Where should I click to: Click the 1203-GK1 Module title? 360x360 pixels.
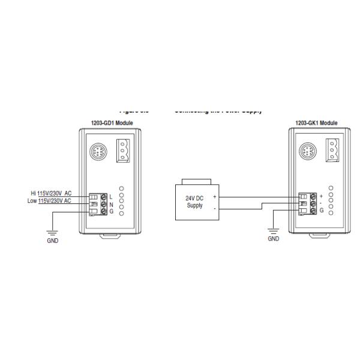pyautogui.click(x=316, y=123)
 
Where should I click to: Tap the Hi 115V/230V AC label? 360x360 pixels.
pyautogui.click(x=51, y=193)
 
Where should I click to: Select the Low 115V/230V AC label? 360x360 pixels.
pyautogui.click(x=50, y=200)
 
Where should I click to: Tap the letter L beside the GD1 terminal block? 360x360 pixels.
pyautogui.click(x=112, y=197)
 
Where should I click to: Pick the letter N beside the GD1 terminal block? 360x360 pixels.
pyautogui.click(x=112, y=204)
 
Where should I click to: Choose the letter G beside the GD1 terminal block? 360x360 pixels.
pyautogui.click(x=112, y=211)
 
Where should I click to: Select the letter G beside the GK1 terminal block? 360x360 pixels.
pyautogui.click(x=322, y=211)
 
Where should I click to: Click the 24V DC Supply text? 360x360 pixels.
pyautogui.click(x=194, y=202)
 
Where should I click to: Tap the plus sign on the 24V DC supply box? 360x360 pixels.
pyautogui.click(x=214, y=197)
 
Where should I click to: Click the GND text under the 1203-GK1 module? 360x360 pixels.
pyautogui.click(x=273, y=238)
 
